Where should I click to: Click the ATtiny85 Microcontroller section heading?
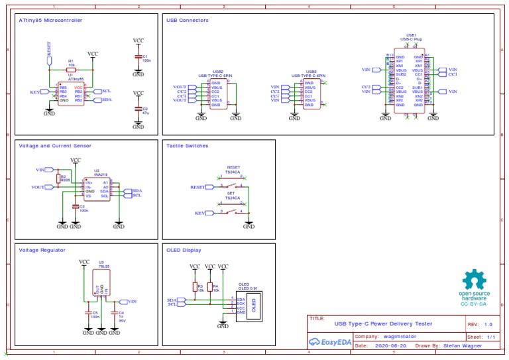[x=60, y=21]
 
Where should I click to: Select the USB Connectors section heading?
[x=187, y=21]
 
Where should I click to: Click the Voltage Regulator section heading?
[x=42, y=250]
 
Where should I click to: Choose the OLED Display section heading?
[x=184, y=250]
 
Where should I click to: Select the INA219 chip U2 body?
[x=97, y=189]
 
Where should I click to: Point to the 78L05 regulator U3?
[x=101, y=284]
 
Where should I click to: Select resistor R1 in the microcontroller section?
[x=71, y=70]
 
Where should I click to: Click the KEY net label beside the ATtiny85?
[x=36, y=92]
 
